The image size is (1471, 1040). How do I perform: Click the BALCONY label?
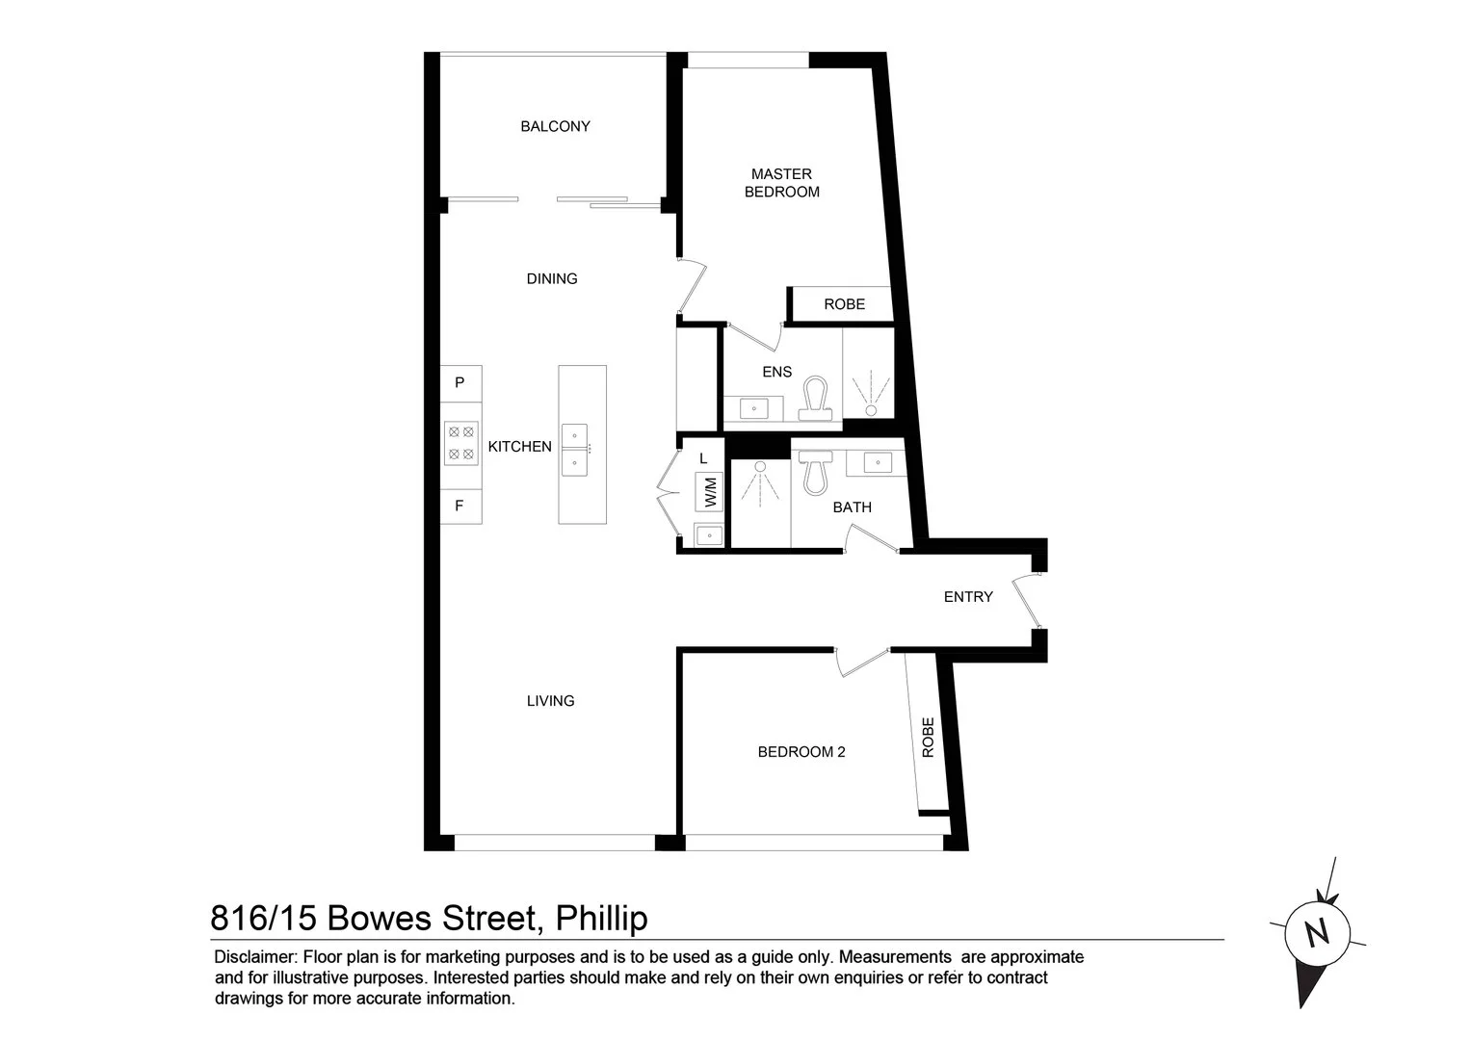pyautogui.click(x=555, y=126)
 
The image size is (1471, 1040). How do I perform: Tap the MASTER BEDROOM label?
pyautogui.click(x=781, y=183)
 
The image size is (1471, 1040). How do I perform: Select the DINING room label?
pyautogui.click(x=552, y=278)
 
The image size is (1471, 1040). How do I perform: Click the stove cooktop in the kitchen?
pyautogui.click(x=461, y=443)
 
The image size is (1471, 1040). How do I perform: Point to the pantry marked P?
pyautogui.click(x=460, y=382)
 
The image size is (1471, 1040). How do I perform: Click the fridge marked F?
pyautogui.click(x=460, y=506)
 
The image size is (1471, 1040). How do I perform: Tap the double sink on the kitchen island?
pyautogui.click(x=575, y=450)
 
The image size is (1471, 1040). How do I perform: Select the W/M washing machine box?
pyautogui.click(x=710, y=492)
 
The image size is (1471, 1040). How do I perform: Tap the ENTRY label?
pyautogui.click(x=968, y=597)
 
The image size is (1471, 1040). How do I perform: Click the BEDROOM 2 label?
pyautogui.click(x=801, y=752)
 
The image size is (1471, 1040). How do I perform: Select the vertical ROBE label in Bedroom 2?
pyautogui.click(x=929, y=738)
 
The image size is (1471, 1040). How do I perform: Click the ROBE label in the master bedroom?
pyautogui.click(x=844, y=304)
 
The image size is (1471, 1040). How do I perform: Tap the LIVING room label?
pyautogui.click(x=551, y=701)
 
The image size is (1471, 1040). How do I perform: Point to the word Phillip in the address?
pyautogui.click(x=600, y=918)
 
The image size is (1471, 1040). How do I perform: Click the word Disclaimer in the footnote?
pyautogui.click(x=254, y=957)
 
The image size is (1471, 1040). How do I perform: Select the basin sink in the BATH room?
pyautogui.click(x=878, y=462)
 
